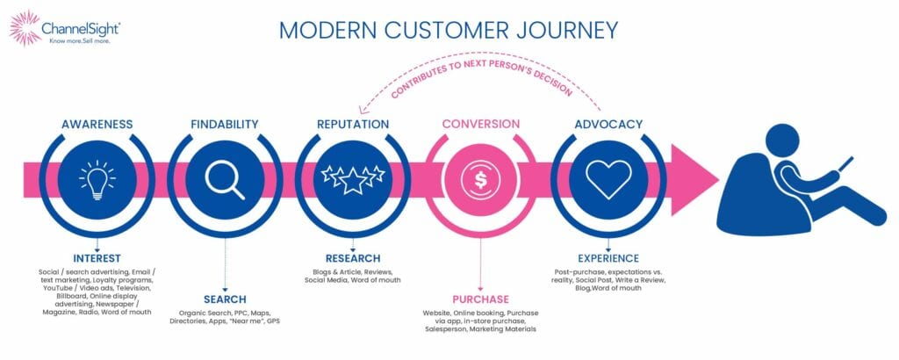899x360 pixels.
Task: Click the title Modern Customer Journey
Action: coord(449,30)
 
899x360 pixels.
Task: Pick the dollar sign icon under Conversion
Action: coord(480,179)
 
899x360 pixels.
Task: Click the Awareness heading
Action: coord(97,124)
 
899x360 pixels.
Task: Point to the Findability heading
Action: coord(225,124)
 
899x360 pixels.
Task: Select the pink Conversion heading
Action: coord(480,124)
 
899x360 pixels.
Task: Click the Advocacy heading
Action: coord(608,124)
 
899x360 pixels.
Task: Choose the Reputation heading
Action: coord(352,124)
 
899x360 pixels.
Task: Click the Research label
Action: coord(352,258)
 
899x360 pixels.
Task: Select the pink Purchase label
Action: coord(480,299)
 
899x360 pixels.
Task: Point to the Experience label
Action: coord(608,258)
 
